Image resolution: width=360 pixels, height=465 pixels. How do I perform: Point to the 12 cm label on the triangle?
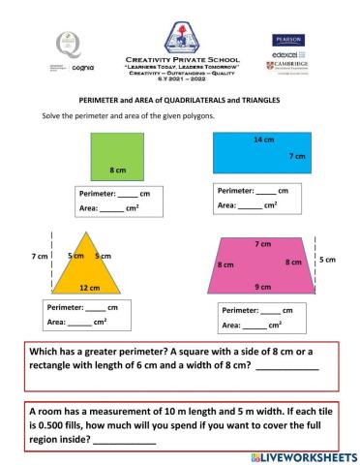(x=90, y=288)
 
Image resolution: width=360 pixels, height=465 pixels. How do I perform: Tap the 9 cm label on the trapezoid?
(x=262, y=286)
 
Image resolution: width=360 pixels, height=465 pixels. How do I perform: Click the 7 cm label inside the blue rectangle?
(x=297, y=156)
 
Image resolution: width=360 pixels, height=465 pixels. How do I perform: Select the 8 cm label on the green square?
(x=119, y=170)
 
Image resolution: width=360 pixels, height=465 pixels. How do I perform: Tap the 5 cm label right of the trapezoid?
(x=328, y=260)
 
